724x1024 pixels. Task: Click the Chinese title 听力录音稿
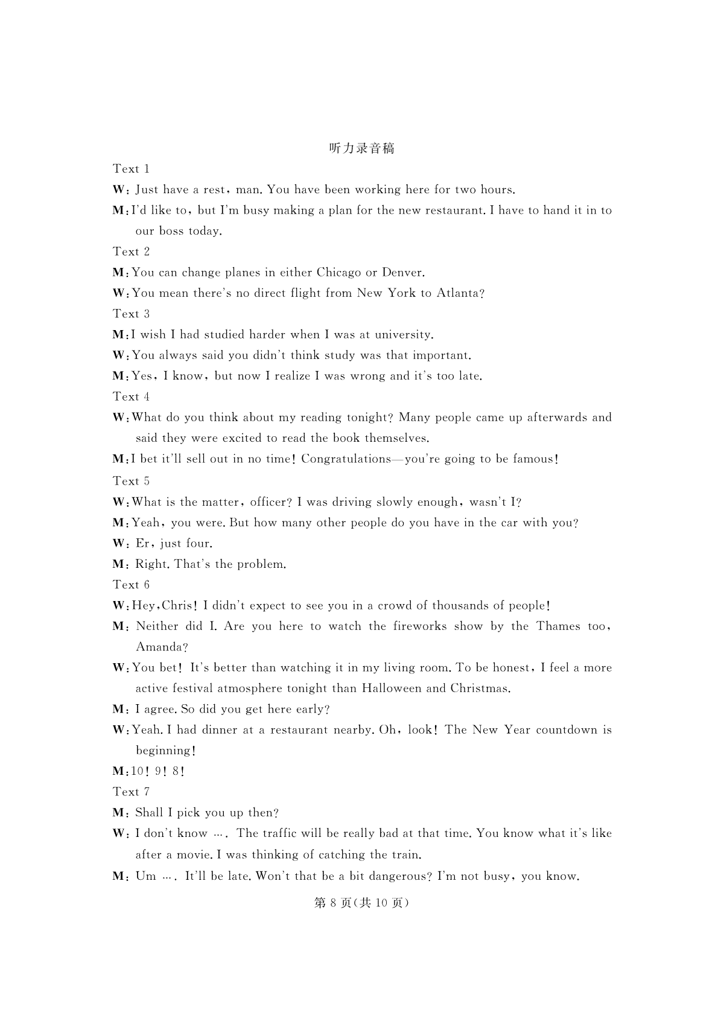tap(362, 148)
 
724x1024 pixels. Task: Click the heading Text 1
tap(131, 169)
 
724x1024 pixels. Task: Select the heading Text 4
tap(131, 396)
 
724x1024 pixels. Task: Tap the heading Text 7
tap(131, 792)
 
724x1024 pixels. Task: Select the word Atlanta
tap(460, 293)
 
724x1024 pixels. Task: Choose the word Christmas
tap(480, 688)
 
